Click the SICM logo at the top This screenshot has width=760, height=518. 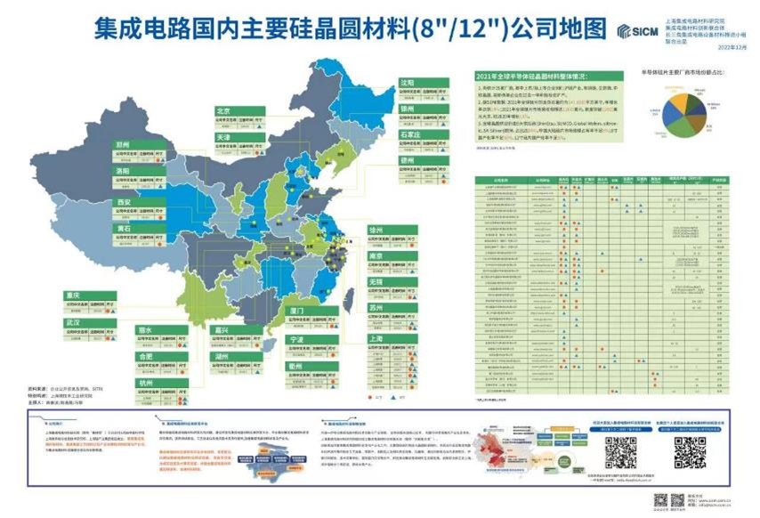click(636, 31)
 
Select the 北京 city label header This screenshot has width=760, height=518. click(224, 111)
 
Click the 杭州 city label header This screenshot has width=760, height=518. click(147, 383)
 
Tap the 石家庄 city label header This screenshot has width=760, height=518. click(409, 134)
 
